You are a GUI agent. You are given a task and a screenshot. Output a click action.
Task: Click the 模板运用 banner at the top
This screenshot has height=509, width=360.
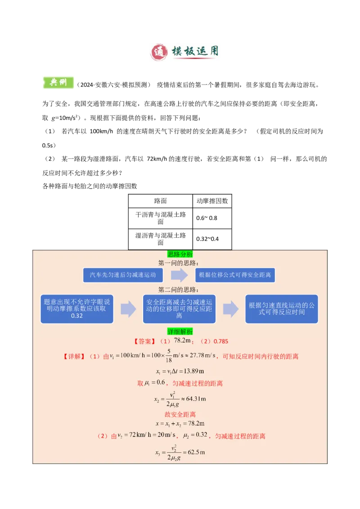point(185,52)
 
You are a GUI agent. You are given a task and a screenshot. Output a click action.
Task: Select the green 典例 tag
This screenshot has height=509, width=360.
point(58,81)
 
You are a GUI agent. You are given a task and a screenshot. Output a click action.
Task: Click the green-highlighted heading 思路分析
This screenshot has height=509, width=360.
point(180,254)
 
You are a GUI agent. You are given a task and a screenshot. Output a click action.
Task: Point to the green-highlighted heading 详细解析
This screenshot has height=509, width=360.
point(180,331)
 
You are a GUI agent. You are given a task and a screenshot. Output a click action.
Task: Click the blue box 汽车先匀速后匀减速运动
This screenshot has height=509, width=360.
point(122,275)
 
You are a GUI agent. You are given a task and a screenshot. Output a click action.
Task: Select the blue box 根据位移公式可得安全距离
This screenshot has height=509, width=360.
point(235,275)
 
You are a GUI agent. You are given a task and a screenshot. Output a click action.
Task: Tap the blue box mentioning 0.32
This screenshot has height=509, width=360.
point(77,309)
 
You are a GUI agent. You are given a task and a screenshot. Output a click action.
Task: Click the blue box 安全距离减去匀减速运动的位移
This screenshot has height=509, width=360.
point(179,309)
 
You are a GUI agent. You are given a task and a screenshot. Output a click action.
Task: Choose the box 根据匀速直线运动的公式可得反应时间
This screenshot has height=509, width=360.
point(281,309)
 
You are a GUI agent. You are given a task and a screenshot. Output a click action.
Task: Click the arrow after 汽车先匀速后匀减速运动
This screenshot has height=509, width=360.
point(179,275)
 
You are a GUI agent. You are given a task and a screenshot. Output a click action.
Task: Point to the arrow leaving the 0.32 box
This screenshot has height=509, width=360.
point(128,309)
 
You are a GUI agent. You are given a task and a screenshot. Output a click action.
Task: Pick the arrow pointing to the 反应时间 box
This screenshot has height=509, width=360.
point(230,309)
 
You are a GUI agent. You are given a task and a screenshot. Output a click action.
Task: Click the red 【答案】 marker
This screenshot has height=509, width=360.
point(144,341)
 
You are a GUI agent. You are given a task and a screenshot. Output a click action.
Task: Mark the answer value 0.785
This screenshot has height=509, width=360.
point(220,341)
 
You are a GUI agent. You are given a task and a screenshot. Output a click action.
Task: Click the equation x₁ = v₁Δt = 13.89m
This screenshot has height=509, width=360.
point(180,371)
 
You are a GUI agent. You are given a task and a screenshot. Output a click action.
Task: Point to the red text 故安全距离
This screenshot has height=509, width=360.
point(180,414)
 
